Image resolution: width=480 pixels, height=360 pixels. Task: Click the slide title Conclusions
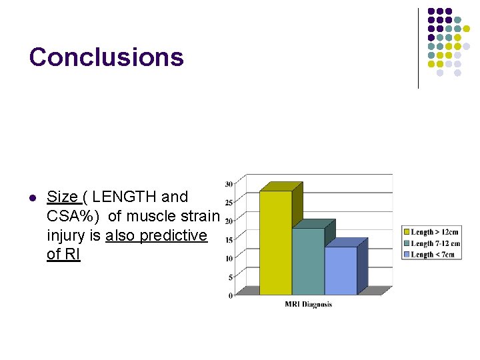point(106,57)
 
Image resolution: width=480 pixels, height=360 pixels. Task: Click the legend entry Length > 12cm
point(434,232)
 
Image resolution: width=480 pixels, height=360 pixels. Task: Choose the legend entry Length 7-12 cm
point(434,243)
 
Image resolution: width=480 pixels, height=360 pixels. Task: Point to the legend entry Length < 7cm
point(434,254)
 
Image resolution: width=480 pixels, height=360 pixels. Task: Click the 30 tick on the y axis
point(229,184)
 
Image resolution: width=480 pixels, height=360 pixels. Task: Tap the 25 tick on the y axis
point(229,203)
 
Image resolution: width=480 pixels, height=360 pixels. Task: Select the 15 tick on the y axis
point(229,239)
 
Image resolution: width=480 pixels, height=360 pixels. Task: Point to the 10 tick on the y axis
point(229,258)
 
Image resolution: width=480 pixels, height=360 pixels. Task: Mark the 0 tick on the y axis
point(231,295)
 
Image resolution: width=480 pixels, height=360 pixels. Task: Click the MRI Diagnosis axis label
point(308,305)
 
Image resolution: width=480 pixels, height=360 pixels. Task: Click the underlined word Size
point(62,197)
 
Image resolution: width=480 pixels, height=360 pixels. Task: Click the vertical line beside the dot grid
point(418,48)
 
